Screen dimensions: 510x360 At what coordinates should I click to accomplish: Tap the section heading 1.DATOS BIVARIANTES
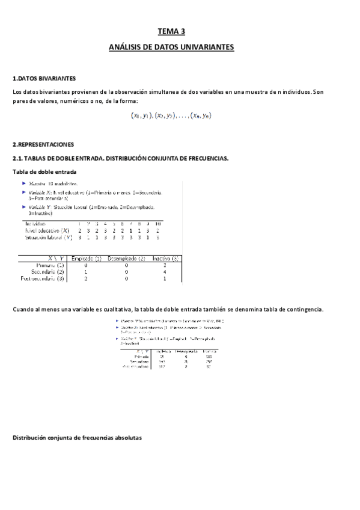click(44, 79)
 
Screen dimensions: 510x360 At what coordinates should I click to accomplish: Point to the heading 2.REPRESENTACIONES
click(43, 145)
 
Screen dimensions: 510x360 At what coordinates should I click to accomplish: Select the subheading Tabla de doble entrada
click(44, 171)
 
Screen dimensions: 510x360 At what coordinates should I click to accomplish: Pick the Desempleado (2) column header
click(127, 258)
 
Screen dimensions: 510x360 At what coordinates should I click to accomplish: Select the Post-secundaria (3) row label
click(43, 279)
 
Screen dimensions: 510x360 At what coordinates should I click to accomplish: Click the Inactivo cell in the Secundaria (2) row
click(164, 272)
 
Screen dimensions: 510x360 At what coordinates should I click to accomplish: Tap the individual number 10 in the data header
click(158, 224)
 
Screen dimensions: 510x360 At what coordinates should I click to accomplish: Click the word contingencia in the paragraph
click(304, 309)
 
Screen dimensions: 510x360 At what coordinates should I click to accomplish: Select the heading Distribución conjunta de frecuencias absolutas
click(77, 438)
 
